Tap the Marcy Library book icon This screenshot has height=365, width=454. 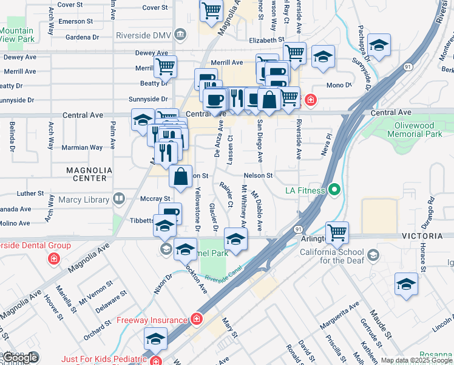120,199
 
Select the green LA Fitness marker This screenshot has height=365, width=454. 334,190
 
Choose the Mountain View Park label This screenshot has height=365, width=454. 17,35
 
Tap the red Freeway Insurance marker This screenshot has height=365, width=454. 197,319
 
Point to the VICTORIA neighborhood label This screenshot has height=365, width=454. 430,235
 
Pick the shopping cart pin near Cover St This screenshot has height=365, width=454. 211,10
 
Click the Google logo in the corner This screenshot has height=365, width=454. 20,358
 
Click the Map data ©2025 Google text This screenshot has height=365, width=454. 416,360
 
